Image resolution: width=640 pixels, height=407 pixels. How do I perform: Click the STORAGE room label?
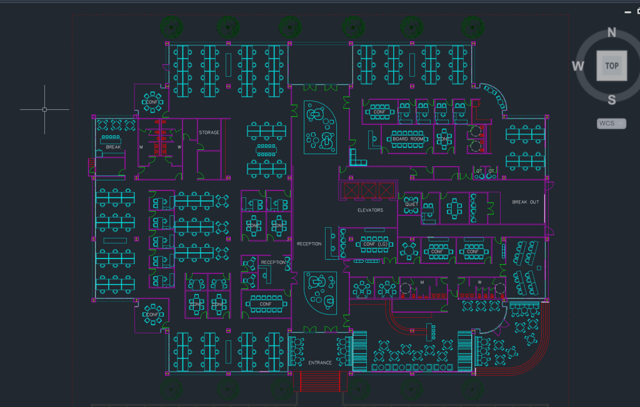[x=209, y=133]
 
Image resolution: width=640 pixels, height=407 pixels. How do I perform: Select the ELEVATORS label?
[x=370, y=210]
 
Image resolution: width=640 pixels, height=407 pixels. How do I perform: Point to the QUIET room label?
[x=411, y=204]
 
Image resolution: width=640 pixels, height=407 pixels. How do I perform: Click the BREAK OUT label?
[x=525, y=202]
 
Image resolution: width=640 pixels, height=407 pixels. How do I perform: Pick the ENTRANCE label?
[x=320, y=363]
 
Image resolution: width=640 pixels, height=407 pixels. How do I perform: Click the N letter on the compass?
[x=612, y=33]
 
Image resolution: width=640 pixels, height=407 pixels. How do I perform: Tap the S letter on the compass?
[x=612, y=99]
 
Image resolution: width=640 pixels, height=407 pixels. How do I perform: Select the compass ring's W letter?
[x=578, y=66]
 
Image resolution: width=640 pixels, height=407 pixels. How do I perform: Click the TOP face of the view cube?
[x=612, y=66]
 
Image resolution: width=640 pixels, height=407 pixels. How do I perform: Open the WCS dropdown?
[x=611, y=124]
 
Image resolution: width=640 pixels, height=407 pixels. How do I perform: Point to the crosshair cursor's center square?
[x=44, y=109]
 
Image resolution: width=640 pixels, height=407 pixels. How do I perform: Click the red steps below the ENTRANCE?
[x=320, y=381]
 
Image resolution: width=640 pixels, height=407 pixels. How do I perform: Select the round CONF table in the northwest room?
[x=152, y=101]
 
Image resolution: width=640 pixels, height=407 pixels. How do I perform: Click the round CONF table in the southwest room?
[x=152, y=315]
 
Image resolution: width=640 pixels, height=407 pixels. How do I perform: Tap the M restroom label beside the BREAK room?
[x=141, y=147]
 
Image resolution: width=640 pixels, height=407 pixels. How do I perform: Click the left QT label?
[x=479, y=171]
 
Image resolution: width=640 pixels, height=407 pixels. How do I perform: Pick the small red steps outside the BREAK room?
[x=92, y=165]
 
